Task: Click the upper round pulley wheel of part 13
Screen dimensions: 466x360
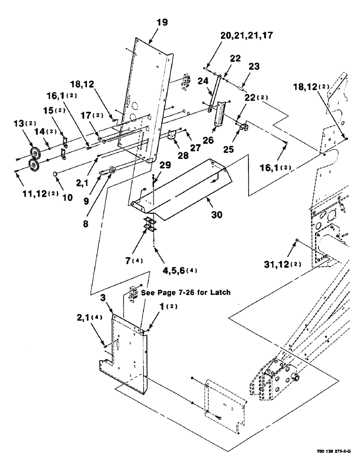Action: click(34, 154)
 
